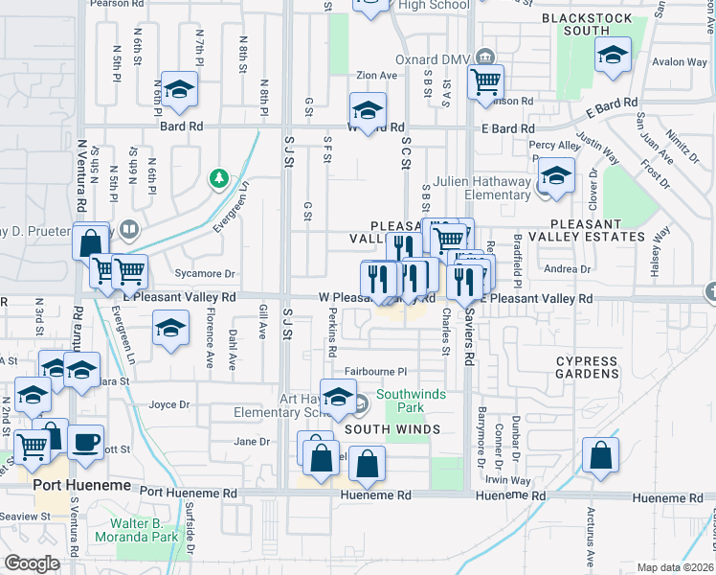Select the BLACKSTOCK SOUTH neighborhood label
(x=587, y=25)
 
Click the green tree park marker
(x=219, y=178)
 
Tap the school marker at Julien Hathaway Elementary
(x=554, y=175)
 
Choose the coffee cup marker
(x=85, y=441)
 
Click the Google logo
(x=33, y=563)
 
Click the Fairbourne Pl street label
(x=376, y=371)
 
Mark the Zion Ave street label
(x=375, y=76)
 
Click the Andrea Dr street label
(x=560, y=269)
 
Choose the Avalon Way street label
(x=679, y=62)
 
